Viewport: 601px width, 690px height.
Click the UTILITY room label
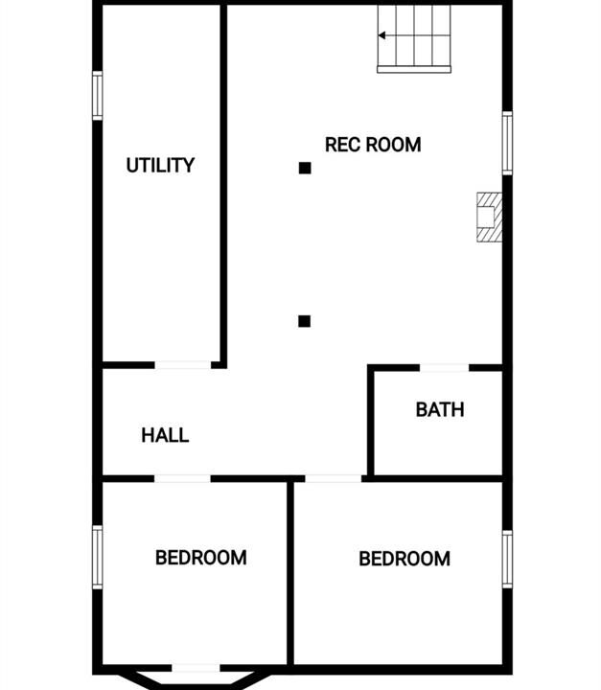coord(160,165)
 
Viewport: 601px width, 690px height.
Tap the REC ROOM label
coord(373,145)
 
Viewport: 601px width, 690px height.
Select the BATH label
coord(440,410)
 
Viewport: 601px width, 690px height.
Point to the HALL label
coord(165,435)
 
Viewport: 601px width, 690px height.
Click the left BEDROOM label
coord(200,558)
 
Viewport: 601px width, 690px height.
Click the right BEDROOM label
coord(405,559)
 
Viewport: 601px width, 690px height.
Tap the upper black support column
coord(305,168)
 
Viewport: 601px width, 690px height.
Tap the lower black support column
coord(304,321)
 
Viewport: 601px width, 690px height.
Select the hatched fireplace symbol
coord(489,217)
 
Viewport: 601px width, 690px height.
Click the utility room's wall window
coord(98,96)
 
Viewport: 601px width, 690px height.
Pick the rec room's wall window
coord(507,143)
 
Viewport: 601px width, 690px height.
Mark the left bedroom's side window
coord(98,557)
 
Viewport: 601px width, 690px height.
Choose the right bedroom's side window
coord(507,559)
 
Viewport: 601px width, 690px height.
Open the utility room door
coord(183,365)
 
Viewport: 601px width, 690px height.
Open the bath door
coord(444,368)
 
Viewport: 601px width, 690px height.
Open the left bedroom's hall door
coord(182,479)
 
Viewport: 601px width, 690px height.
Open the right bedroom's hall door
coord(334,479)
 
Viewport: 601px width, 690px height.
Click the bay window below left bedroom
coord(196,680)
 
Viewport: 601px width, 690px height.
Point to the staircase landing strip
coord(414,70)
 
